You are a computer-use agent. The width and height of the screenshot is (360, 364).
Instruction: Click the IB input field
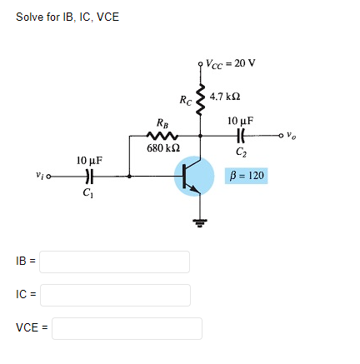click(x=114, y=262)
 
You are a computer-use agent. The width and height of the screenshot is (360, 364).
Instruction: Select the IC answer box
click(x=114, y=295)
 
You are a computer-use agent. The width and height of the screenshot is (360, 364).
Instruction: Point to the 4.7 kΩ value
click(x=226, y=97)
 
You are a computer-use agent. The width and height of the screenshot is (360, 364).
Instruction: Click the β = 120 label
click(x=247, y=177)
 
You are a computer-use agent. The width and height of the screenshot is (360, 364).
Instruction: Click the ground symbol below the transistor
click(x=200, y=222)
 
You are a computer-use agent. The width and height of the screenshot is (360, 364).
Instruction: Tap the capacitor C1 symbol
click(x=88, y=176)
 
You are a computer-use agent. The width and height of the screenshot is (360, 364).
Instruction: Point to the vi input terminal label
click(x=36, y=175)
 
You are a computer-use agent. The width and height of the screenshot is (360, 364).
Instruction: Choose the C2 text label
click(x=241, y=152)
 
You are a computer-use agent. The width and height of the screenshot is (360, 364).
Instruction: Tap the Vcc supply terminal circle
click(x=200, y=64)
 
